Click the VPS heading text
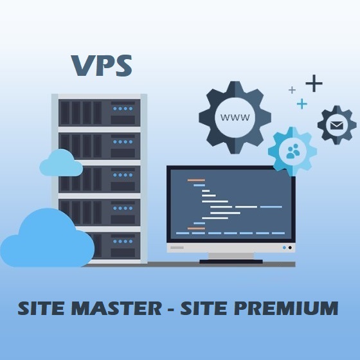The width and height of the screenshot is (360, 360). click(x=102, y=66)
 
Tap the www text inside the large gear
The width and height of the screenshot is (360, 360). click(x=235, y=117)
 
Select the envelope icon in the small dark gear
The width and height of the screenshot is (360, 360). click(x=337, y=125)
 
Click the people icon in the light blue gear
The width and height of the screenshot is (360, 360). click(x=293, y=151)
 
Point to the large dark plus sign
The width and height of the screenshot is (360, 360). click(x=314, y=84)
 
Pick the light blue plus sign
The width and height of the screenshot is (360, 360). click(x=302, y=104)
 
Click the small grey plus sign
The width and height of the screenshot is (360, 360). click(x=292, y=90)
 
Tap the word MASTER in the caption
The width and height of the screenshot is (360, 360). click(x=116, y=308)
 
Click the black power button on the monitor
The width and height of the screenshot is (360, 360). click(x=290, y=248)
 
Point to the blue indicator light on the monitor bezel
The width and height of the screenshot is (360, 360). click(x=284, y=248)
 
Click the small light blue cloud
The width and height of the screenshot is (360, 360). click(x=61, y=163)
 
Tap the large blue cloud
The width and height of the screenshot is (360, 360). click(x=48, y=239)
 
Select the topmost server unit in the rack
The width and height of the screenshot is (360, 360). click(x=100, y=113)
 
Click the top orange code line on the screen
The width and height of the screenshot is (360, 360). click(x=196, y=180)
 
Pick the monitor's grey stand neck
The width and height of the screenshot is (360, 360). click(x=231, y=256)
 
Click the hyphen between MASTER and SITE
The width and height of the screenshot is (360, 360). click(x=170, y=309)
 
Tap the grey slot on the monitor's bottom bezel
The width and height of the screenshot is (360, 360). click(x=177, y=248)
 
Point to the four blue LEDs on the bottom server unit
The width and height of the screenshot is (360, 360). click(x=123, y=241)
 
